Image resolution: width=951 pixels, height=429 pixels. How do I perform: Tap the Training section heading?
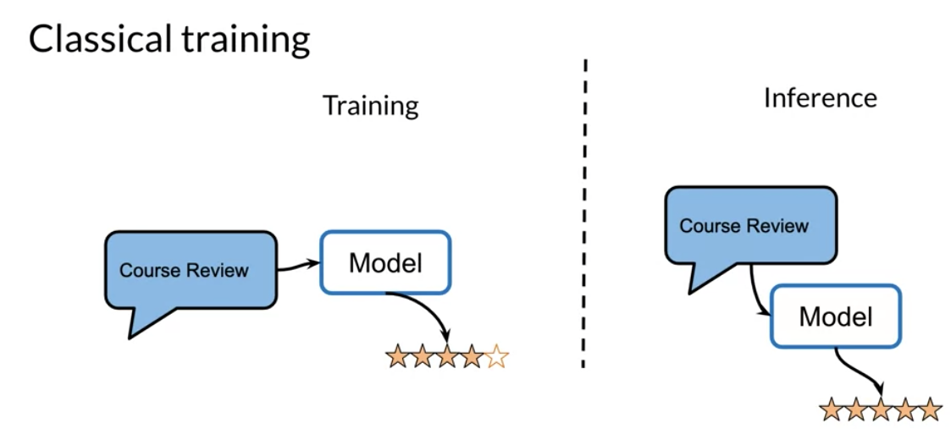click(371, 106)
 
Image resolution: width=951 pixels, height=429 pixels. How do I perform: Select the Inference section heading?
click(820, 98)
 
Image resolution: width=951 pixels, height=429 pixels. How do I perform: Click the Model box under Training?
click(385, 262)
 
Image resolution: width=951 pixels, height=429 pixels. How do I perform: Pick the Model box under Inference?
click(836, 316)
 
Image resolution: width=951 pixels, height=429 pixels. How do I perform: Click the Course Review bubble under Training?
click(191, 270)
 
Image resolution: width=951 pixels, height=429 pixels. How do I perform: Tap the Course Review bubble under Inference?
click(751, 226)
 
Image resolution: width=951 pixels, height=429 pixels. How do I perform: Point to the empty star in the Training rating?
click(497, 357)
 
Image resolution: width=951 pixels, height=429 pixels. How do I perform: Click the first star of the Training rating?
click(397, 357)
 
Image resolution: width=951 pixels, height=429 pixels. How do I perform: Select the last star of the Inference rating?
click(930, 410)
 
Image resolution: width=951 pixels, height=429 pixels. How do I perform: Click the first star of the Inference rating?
click(832, 410)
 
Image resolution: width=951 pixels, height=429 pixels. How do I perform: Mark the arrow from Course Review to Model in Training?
click(298, 266)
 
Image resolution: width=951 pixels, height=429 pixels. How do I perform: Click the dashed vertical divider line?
click(584, 213)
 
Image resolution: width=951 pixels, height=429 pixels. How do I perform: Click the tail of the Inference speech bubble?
click(704, 278)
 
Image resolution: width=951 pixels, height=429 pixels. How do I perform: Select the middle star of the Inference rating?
click(881, 410)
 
